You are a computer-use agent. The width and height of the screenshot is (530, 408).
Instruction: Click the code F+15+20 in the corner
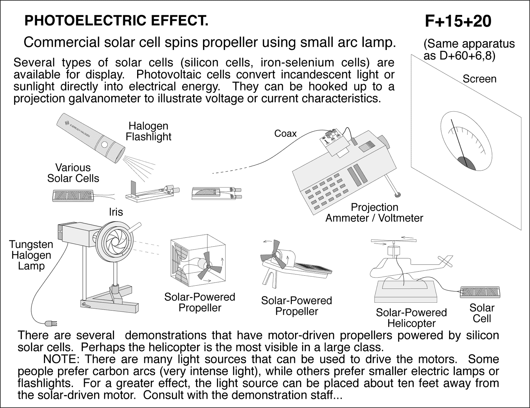[458, 22]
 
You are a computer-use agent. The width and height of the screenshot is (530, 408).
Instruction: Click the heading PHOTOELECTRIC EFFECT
[117, 21]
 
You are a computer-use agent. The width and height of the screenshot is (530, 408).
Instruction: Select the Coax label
[285, 134]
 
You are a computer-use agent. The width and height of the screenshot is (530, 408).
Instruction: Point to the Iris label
[116, 212]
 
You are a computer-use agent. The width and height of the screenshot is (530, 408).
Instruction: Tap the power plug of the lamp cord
[51, 322]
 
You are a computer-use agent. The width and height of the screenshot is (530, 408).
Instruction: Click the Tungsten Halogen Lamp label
[31, 255]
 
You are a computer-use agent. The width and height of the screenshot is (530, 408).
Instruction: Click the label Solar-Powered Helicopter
[411, 318]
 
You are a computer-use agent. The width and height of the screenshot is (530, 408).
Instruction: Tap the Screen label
[479, 79]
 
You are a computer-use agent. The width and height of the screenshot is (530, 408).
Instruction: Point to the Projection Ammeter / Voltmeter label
[374, 212]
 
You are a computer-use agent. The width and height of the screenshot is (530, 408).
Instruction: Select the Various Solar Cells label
[73, 173]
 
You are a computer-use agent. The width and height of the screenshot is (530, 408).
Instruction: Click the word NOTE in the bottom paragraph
[60, 359]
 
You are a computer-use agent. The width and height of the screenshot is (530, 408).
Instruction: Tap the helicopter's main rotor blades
[393, 242]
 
